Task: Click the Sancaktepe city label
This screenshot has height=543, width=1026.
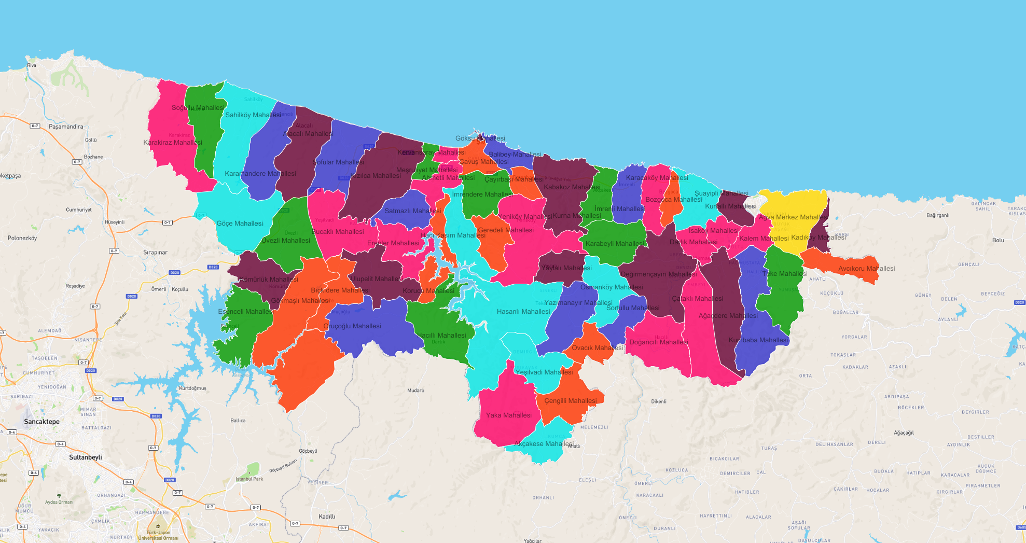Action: pyautogui.click(x=41, y=422)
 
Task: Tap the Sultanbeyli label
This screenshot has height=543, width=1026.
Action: pyautogui.click(x=86, y=457)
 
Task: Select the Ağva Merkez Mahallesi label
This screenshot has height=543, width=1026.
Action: pyautogui.click(x=793, y=217)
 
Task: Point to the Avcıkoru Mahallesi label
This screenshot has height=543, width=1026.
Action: pyautogui.click(x=866, y=269)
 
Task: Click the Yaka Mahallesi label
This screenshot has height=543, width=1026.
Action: pyautogui.click(x=508, y=415)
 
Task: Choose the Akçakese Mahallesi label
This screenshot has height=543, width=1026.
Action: pyautogui.click(x=544, y=444)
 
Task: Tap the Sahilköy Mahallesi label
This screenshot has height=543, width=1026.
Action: pyautogui.click(x=253, y=115)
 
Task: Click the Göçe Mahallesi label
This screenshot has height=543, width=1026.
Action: pyautogui.click(x=240, y=224)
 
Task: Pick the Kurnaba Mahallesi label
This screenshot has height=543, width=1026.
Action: pyautogui.click(x=758, y=340)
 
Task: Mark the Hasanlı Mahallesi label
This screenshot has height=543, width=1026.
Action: pyautogui.click(x=523, y=312)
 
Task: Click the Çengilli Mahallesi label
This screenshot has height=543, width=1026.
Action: pyautogui.click(x=571, y=401)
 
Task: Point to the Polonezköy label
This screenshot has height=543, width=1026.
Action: pyautogui.click(x=22, y=239)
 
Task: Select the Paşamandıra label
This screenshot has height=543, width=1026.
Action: pyautogui.click(x=66, y=127)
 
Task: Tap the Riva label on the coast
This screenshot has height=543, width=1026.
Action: pyautogui.click(x=32, y=65)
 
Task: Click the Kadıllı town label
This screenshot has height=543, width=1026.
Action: pyautogui.click(x=327, y=517)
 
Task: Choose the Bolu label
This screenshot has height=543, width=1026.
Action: pyautogui.click(x=998, y=240)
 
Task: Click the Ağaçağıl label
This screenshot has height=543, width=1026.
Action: pyautogui.click(x=904, y=433)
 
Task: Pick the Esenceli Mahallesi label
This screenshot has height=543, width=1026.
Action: pyautogui.click(x=245, y=312)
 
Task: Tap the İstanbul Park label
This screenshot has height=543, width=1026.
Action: pyautogui.click(x=249, y=479)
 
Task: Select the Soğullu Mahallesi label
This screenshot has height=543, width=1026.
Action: pyautogui.click(x=198, y=108)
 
